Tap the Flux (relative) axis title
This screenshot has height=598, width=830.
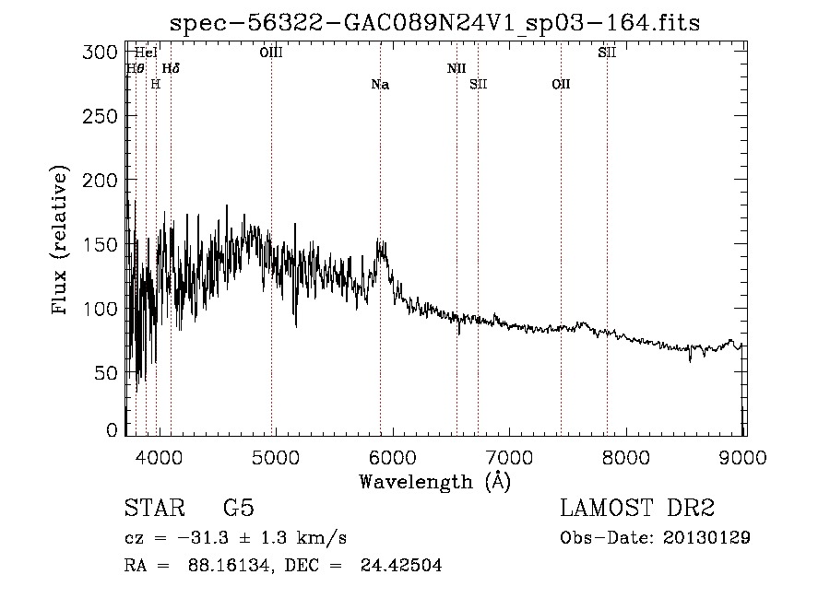point(61,241)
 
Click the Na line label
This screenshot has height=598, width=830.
point(380,85)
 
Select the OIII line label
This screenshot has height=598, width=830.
point(271,53)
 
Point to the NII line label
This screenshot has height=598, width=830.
point(456,68)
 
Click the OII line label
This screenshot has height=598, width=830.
point(561,84)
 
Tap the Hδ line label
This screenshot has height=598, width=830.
point(171,68)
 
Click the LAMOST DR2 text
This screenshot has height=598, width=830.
point(637,509)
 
